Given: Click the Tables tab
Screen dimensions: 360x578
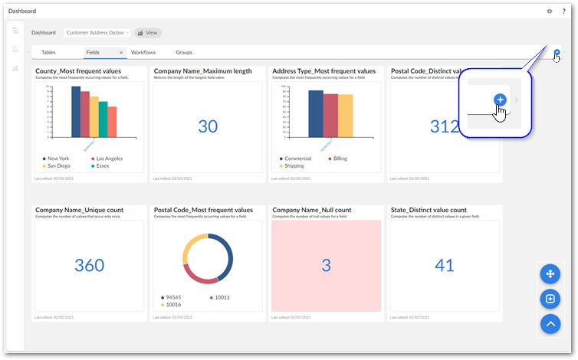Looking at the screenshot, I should pyautogui.click(x=48, y=52).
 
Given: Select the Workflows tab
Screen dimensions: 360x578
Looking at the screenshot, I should pyautogui.click(x=143, y=52).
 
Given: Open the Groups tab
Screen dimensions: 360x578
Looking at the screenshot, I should pyautogui.click(x=184, y=52).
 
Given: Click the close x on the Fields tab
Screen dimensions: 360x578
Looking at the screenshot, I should pyautogui.click(x=121, y=52).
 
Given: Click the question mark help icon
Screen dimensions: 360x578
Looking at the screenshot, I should pyautogui.click(x=563, y=11).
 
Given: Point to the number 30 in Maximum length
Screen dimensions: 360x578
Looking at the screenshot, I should pyautogui.click(x=208, y=126).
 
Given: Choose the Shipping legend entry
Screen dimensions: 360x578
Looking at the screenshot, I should pyautogui.click(x=293, y=165).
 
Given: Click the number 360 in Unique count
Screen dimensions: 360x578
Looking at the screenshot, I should pyautogui.click(x=89, y=265).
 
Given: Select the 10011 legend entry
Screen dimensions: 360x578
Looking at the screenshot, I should pyautogui.click(x=222, y=297).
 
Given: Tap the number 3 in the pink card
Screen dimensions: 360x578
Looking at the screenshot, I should pyautogui.click(x=326, y=265).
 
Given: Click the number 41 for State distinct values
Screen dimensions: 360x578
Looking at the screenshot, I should pyautogui.click(x=445, y=265).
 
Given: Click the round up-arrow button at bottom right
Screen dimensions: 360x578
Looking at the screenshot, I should pyautogui.click(x=550, y=324).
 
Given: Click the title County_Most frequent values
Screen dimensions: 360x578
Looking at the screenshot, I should pyautogui.click(x=78, y=71).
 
